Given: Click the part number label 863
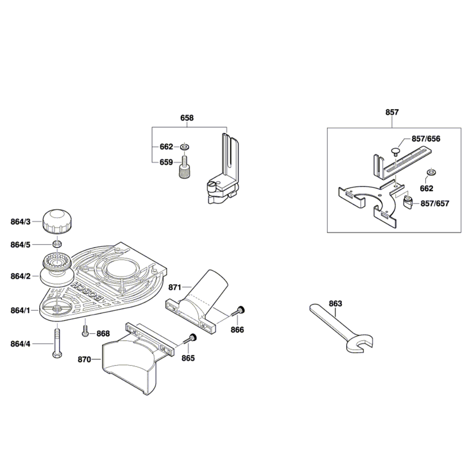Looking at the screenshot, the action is (x=335, y=304).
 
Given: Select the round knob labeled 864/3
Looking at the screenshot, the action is (x=57, y=222).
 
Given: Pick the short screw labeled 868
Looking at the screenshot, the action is (x=85, y=331).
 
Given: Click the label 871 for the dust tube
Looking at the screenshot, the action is (x=175, y=287).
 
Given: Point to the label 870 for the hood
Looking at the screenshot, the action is (x=84, y=359).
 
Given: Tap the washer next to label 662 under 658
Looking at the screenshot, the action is (x=184, y=147).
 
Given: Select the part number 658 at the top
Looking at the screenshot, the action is (x=187, y=118).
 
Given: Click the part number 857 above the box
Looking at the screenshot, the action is (x=392, y=112).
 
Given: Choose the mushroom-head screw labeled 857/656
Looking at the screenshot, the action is (x=395, y=151).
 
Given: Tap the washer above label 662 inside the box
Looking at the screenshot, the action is (x=431, y=173).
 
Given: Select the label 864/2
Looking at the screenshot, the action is (x=20, y=276).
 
